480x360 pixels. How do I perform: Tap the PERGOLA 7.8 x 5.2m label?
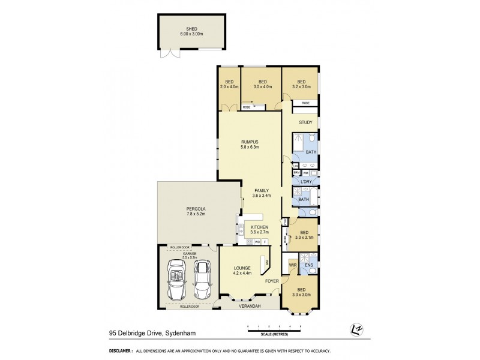(x=196, y=211)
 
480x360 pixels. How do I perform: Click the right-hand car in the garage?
(x=203, y=278)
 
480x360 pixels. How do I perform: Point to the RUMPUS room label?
(x=248, y=144)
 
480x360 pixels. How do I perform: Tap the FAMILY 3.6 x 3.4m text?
(x=261, y=193)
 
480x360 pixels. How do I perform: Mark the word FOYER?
(x=272, y=281)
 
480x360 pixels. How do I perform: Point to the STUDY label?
(x=305, y=123)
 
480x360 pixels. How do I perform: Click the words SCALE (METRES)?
(x=274, y=334)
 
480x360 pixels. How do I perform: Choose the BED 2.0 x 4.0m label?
(x=229, y=84)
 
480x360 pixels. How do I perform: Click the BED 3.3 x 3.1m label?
(x=304, y=235)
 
